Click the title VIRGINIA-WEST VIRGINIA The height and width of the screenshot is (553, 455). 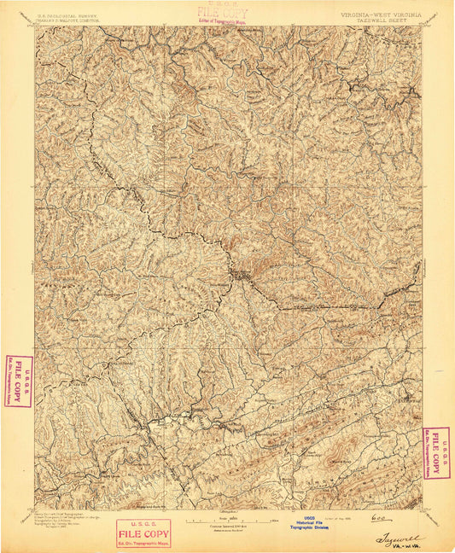(x=382, y=15)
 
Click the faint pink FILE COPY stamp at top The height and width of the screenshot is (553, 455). (x=217, y=13)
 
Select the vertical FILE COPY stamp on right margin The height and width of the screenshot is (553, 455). (x=435, y=452)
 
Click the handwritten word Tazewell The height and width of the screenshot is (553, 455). (x=398, y=538)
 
